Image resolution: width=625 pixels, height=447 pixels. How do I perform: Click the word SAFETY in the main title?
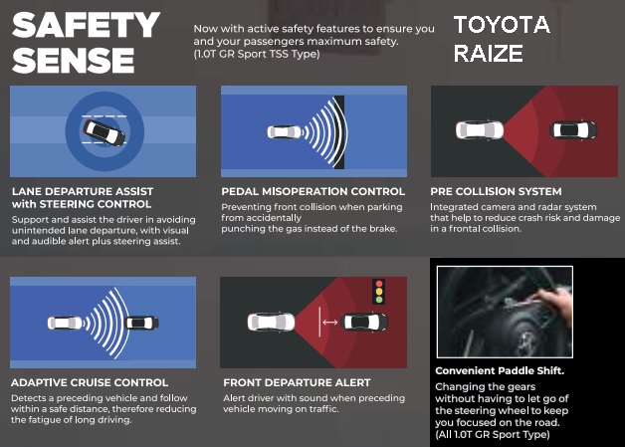point(86,25)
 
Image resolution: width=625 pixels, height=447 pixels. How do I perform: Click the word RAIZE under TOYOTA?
point(489,54)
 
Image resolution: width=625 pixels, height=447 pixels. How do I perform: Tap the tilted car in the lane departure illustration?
point(104,132)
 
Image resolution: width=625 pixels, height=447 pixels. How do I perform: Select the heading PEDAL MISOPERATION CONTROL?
point(312,191)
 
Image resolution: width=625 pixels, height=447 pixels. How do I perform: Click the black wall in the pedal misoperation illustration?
point(339,132)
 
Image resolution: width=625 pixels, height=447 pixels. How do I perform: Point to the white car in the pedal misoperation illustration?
point(285,132)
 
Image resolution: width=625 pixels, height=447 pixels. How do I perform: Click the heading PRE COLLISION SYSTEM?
point(496,191)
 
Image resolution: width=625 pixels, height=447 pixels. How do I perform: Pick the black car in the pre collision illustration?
point(573,129)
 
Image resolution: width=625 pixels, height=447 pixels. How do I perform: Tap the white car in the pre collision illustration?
point(480,130)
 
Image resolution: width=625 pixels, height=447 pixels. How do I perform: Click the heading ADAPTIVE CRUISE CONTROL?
point(90,383)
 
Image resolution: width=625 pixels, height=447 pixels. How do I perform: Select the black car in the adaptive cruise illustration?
point(142,323)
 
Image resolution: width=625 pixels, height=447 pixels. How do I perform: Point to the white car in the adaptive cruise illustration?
point(65,323)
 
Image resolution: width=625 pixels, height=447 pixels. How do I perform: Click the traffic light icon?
point(378,292)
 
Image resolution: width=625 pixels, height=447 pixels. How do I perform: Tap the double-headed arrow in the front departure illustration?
point(330,322)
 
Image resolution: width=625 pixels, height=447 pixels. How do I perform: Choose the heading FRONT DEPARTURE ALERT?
point(297,383)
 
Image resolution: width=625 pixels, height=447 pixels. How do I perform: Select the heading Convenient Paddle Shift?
point(500,370)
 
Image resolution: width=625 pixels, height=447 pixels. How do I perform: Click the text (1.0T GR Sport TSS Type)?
point(257,54)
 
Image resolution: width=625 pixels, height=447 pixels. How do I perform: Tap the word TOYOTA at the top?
point(503,25)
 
